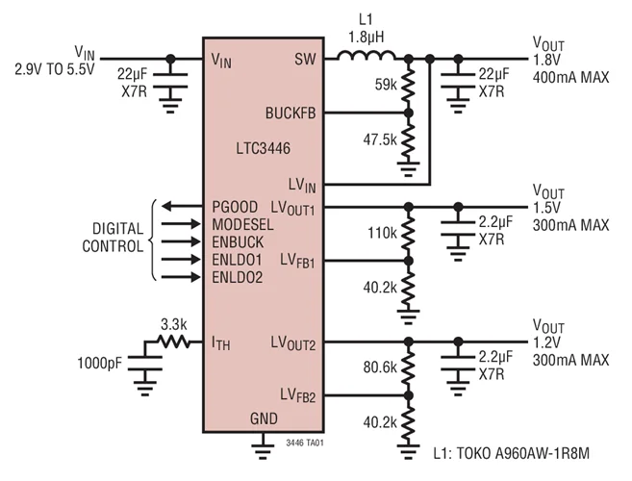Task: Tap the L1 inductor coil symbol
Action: (364, 58)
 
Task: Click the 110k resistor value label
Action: (383, 234)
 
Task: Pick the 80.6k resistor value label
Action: (381, 367)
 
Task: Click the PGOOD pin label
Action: (234, 206)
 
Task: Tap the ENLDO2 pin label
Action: (238, 278)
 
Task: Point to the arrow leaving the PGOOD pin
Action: (180, 206)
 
